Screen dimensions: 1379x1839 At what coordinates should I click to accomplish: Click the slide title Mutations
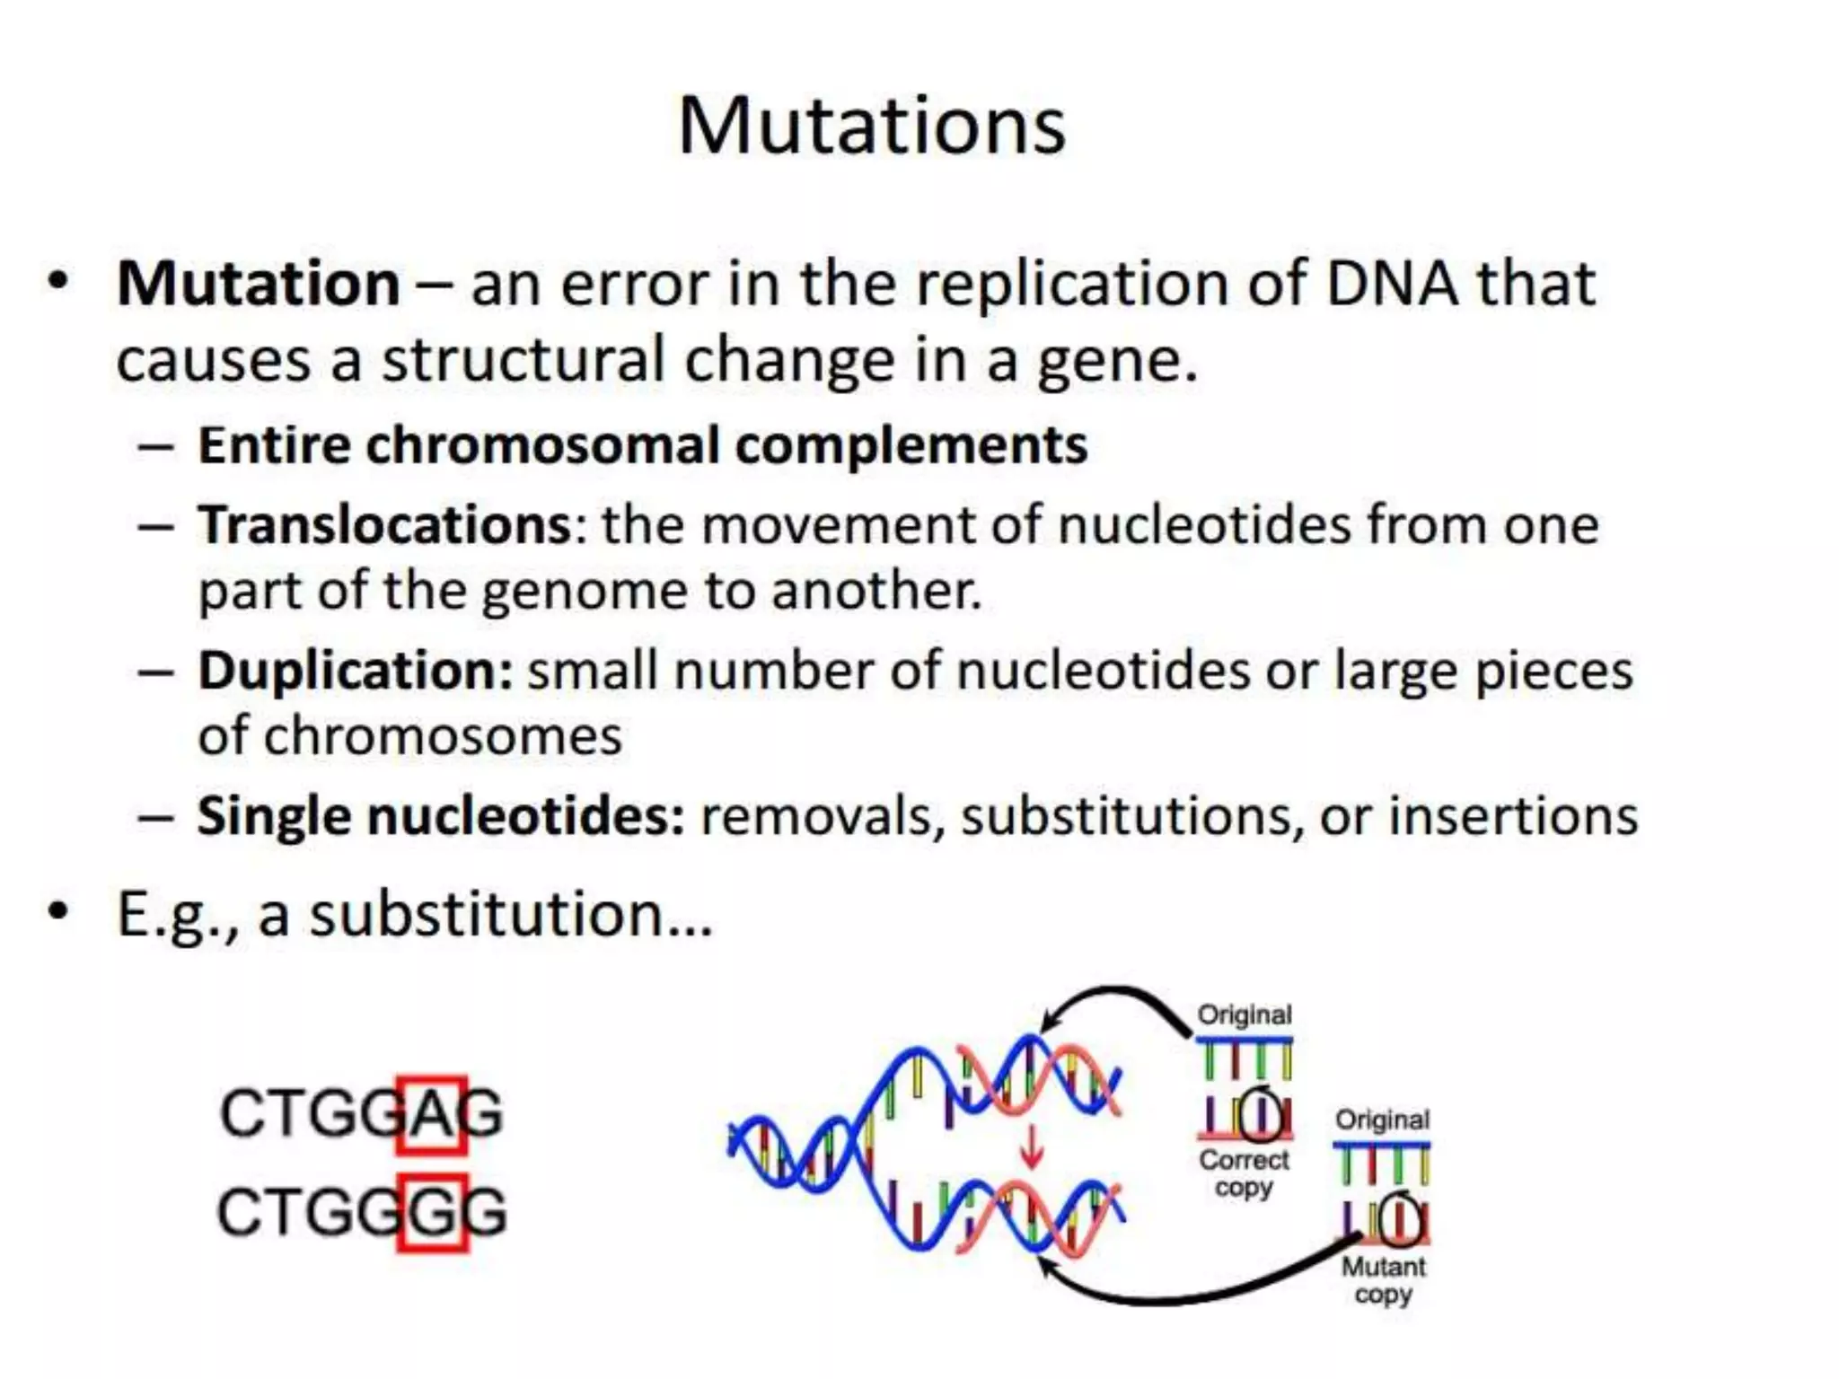click(x=871, y=126)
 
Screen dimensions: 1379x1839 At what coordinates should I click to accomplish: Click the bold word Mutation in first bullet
click(x=259, y=284)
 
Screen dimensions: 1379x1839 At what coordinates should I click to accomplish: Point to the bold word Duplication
click(x=355, y=671)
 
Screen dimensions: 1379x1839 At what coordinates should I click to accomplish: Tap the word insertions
click(x=1513, y=816)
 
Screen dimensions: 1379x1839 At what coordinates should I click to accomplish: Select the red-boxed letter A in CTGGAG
click(x=433, y=1114)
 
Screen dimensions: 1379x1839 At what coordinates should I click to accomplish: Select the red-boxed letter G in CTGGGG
click(x=433, y=1213)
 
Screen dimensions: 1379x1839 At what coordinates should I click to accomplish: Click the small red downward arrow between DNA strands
click(x=1032, y=1146)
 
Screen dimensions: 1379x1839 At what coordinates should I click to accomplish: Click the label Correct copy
click(x=1244, y=1173)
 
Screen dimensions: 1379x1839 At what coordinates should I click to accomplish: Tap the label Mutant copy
click(x=1383, y=1280)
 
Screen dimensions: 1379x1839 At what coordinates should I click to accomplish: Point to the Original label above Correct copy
click(x=1245, y=1014)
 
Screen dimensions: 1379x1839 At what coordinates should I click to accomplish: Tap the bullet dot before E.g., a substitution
click(x=58, y=911)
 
